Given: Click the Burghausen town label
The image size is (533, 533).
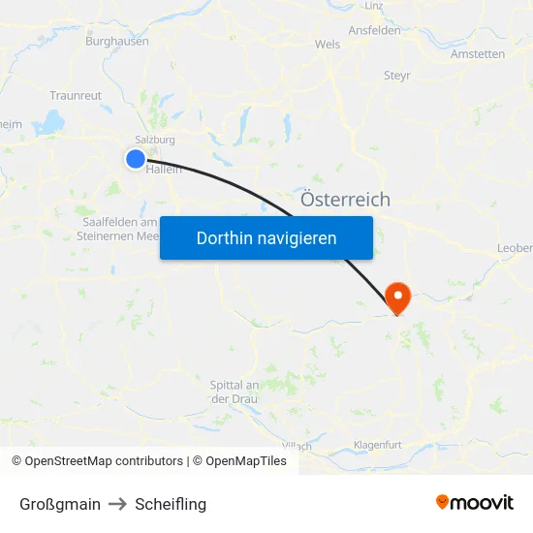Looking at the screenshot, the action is point(117,42).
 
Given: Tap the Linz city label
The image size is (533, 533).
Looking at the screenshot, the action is point(374,6).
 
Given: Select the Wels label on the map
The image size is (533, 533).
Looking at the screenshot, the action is point(328,45).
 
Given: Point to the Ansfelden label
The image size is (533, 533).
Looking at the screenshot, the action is point(374,31).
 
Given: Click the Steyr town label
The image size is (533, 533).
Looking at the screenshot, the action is point(397,76).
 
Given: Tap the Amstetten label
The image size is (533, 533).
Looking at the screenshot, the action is point(478,54).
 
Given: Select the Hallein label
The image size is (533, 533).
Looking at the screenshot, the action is point(163,169).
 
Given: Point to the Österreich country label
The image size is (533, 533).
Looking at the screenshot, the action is point(346,200).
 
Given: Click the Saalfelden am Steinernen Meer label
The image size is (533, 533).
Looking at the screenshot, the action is point(119,229).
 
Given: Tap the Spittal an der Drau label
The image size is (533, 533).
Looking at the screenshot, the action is point(234,392).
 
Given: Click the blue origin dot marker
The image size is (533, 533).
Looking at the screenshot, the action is point(135,158).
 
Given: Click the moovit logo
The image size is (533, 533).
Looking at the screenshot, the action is point(474,503).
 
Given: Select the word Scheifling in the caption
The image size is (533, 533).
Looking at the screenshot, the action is point(171,504).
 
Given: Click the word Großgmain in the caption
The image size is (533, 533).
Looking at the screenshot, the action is point(60,504).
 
